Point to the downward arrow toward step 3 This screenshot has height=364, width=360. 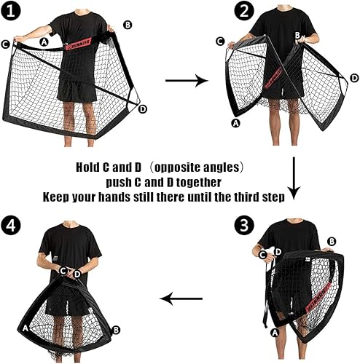point(294,179)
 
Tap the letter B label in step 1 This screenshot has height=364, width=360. point(128,24)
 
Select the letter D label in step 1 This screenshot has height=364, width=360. point(143,109)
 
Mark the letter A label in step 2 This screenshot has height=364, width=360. point(235,124)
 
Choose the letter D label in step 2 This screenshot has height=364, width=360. point(353,78)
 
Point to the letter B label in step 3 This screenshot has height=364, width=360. point(332,241)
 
